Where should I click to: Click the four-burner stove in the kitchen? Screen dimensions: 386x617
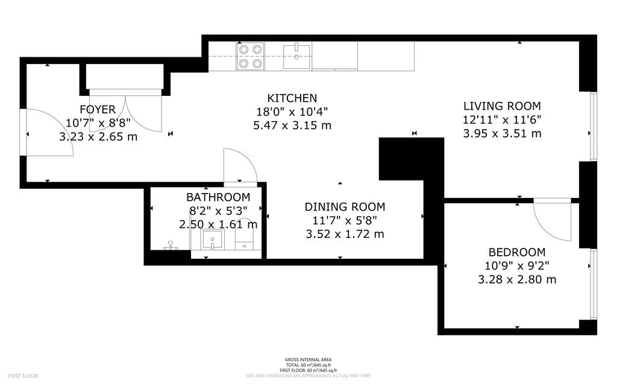[251, 56]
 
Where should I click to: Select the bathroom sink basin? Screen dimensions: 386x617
[213, 239]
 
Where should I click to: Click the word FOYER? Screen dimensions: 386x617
[98, 110]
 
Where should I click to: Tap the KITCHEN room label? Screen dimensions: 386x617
[292, 98]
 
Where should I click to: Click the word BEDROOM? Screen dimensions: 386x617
[516, 252]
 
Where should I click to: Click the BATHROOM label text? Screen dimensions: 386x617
[218, 197]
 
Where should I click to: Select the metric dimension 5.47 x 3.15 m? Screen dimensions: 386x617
[292, 125]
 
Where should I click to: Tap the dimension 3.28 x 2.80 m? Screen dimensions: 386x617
[516, 279]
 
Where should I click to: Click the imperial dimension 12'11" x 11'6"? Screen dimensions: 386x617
[502, 120]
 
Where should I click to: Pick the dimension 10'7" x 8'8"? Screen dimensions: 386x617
[98, 123]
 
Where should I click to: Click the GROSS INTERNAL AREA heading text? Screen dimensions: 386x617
[308, 359]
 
